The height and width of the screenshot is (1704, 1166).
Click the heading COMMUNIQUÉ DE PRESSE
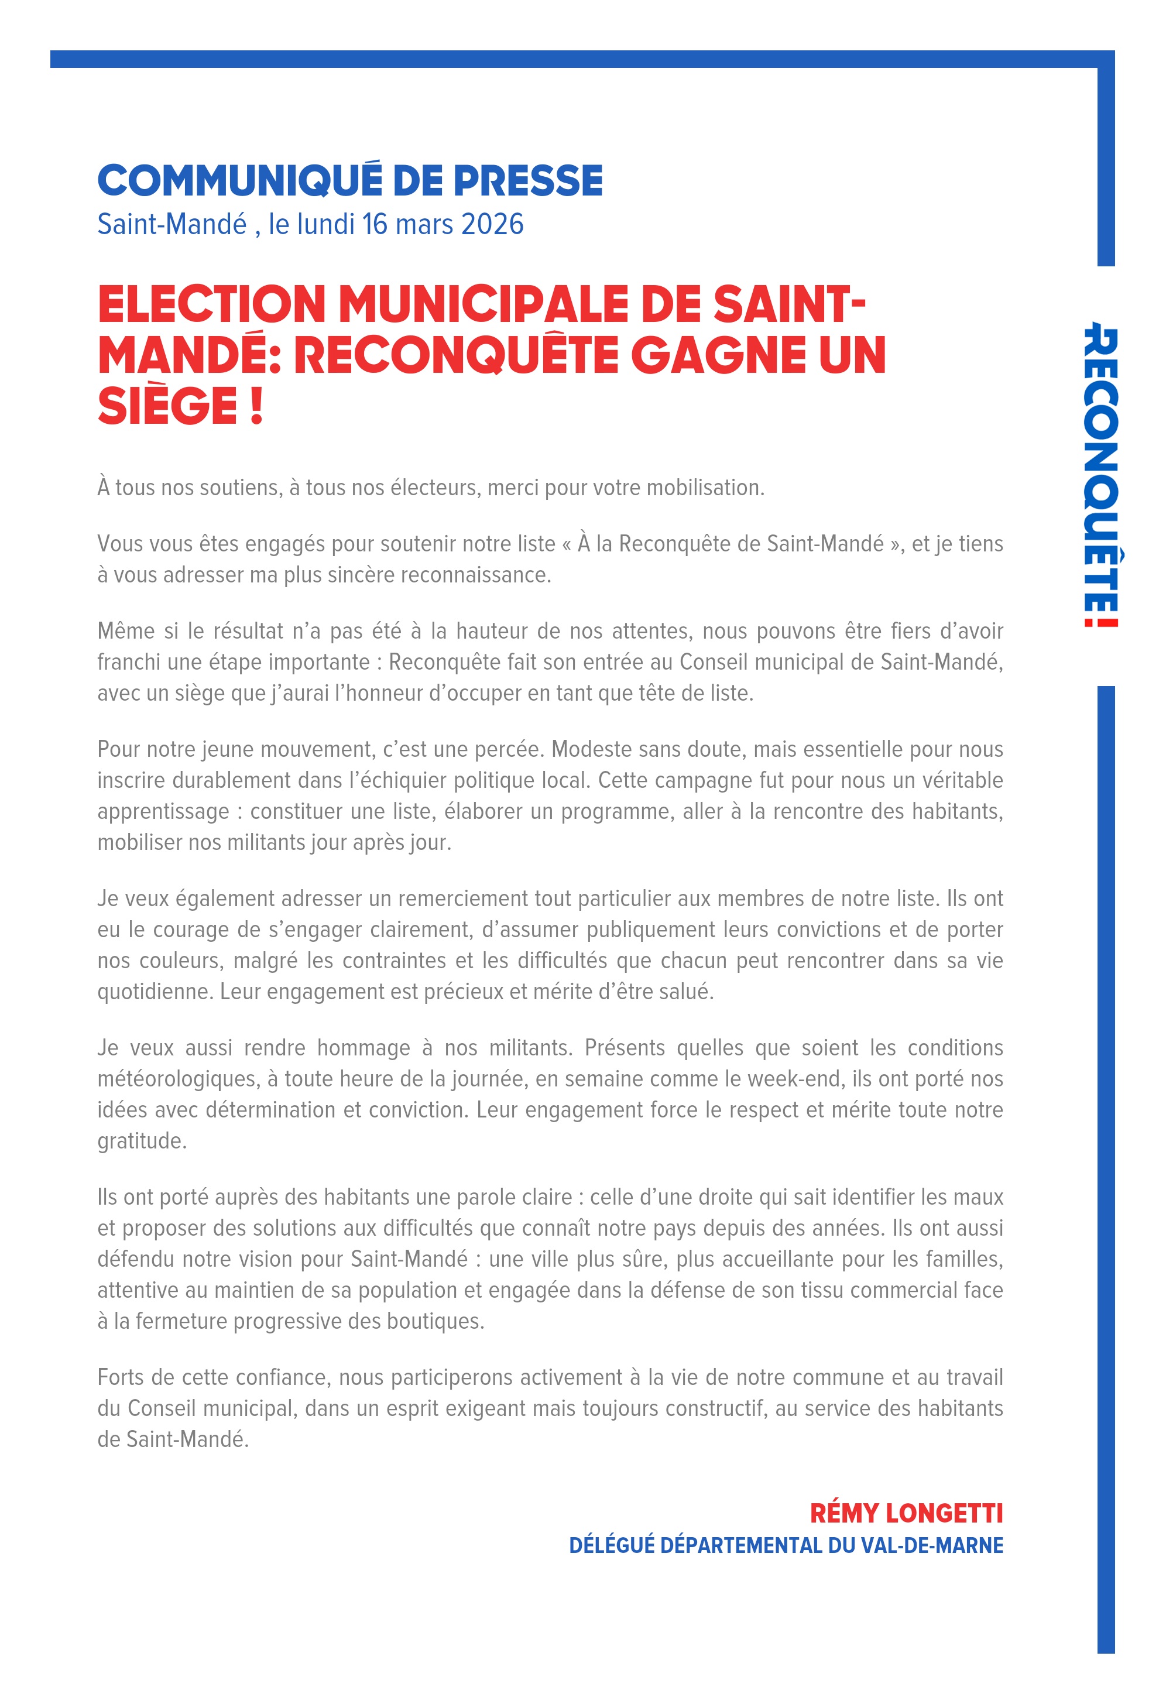click(350, 180)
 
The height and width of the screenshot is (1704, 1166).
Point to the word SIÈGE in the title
click(168, 406)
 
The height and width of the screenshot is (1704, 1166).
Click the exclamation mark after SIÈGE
click(256, 406)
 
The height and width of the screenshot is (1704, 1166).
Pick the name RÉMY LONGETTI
click(906, 1513)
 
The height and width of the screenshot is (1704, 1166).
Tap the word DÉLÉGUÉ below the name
click(611, 1545)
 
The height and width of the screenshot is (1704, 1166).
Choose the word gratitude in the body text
click(142, 1141)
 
